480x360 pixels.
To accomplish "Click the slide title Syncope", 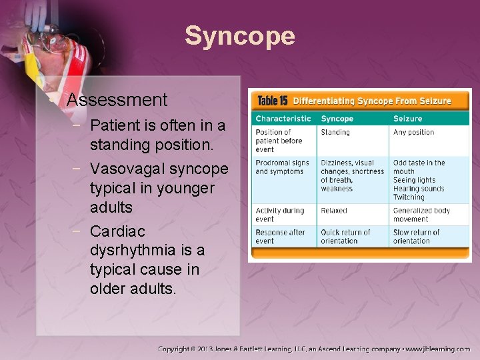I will click(239, 36).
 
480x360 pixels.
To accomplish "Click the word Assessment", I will click(117, 100).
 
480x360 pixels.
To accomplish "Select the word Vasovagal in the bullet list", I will click(128, 168).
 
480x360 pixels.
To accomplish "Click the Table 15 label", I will click(272, 101).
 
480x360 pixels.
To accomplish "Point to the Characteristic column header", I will click(283, 119).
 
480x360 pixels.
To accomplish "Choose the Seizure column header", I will click(407, 119).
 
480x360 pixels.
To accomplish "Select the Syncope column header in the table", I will click(337, 119).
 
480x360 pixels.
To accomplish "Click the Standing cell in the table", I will click(335, 133).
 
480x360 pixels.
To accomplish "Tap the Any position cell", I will click(413, 133).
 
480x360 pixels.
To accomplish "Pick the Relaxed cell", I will click(333, 211).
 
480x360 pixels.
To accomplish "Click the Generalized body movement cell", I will click(421, 215).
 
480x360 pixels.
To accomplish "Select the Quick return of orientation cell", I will click(345, 237).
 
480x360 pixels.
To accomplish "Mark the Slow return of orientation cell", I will click(416, 237).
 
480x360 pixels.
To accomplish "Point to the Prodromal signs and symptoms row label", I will click(282, 167).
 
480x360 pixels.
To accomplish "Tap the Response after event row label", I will click(280, 237).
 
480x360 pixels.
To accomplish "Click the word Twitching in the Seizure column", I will click(409, 197).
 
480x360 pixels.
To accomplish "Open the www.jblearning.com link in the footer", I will click(439, 349).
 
